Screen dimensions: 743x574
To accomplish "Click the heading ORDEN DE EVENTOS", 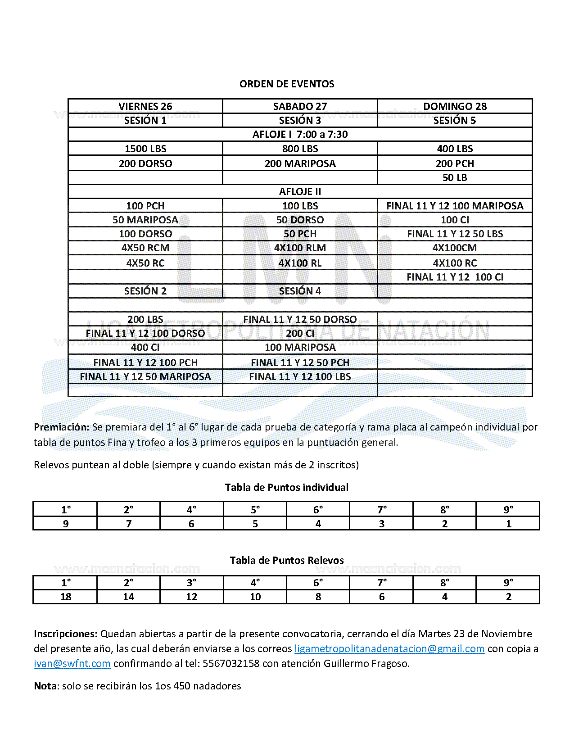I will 287,84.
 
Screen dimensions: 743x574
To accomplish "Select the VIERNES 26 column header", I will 145,106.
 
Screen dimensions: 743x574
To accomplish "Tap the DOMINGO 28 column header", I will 455,106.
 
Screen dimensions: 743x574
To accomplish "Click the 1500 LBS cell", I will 145,149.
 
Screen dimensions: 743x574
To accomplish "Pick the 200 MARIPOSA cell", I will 300,163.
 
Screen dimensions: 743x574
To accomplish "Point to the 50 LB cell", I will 455,177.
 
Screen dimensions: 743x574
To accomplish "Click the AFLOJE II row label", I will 300,191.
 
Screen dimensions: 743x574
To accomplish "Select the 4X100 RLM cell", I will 300,248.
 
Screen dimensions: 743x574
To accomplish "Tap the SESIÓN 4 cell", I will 300,291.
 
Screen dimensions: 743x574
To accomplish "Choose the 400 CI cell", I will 145,347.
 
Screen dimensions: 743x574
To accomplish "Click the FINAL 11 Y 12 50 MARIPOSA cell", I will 145,376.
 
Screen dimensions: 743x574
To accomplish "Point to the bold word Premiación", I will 61,427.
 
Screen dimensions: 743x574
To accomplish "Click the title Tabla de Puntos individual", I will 287,487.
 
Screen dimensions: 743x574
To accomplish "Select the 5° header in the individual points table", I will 255,509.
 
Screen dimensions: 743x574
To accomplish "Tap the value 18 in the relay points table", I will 66,597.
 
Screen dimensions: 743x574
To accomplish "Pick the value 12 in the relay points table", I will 192,597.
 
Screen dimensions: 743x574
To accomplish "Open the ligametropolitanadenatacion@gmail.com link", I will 389,648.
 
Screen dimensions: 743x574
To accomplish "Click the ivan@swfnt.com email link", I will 72,663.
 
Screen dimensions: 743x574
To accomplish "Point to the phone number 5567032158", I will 231,663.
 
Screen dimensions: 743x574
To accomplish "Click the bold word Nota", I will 46,686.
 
